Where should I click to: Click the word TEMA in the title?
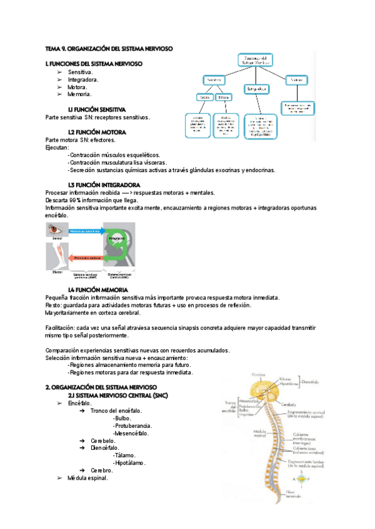click(x=52, y=48)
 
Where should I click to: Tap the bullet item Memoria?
click(x=79, y=95)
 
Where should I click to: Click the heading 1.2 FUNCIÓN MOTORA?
click(x=97, y=132)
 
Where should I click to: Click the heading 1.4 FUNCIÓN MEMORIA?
click(x=98, y=290)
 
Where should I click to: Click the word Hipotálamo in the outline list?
click(x=129, y=463)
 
